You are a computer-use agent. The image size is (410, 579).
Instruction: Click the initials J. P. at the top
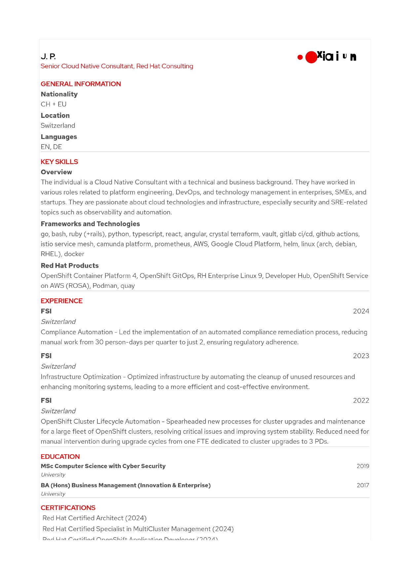(48, 56)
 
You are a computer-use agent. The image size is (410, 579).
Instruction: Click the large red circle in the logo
(311, 57)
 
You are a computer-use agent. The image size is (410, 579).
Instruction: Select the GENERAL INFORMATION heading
(81, 84)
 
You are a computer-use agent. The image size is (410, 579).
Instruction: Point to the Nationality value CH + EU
(54, 104)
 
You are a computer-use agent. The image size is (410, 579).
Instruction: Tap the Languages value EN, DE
(51, 147)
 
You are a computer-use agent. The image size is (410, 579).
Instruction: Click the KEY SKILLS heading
(59, 162)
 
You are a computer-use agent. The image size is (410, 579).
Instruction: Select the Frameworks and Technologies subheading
(90, 224)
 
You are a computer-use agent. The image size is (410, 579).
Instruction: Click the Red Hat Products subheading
(69, 266)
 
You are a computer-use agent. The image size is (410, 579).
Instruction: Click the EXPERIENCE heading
(61, 301)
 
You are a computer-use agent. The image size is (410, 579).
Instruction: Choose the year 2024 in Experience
(361, 311)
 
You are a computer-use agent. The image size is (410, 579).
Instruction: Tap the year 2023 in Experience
(361, 356)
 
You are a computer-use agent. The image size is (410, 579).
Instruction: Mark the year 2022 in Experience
(361, 400)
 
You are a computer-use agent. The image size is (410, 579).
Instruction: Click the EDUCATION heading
(60, 457)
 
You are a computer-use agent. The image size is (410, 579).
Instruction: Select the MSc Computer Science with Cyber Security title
(103, 466)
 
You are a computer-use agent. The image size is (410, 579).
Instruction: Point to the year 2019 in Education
(363, 466)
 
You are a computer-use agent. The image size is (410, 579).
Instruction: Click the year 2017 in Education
(363, 485)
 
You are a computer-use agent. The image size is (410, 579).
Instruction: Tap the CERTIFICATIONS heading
(68, 508)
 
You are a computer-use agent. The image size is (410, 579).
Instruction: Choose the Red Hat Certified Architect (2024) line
(94, 518)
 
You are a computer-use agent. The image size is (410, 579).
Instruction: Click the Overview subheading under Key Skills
(56, 172)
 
